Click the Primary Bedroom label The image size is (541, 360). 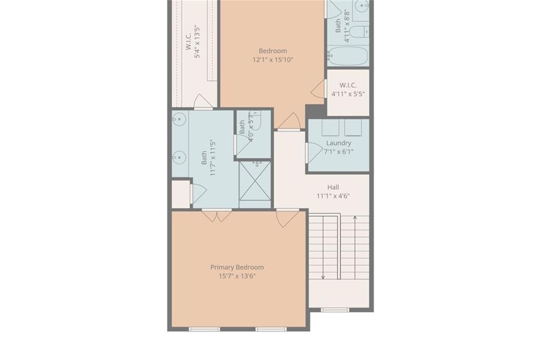(237, 267)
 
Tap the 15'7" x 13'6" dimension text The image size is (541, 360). (237, 276)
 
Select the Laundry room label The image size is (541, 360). (339, 143)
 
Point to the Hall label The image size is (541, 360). (333, 188)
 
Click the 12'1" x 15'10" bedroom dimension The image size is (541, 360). (273, 60)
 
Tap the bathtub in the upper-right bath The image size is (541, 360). (348, 55)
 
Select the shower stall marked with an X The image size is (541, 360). (255, 180)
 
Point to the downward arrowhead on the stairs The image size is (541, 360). (323, 276)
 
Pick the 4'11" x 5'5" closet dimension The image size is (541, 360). (348, 94)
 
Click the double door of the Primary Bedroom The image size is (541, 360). (217, 215)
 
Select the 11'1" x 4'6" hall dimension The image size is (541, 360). (333, 196)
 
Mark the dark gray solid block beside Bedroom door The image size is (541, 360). (316, 111)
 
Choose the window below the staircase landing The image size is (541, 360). (334, 310)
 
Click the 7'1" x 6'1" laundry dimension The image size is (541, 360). (339, 152)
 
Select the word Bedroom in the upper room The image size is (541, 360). (273, 51)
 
